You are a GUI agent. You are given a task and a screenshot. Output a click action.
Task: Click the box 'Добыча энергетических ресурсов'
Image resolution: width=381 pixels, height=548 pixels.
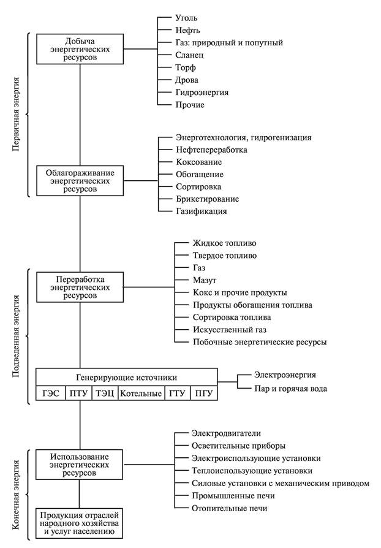81,48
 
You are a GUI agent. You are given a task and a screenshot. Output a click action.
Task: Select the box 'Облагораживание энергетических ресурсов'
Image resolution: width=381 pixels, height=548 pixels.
81,181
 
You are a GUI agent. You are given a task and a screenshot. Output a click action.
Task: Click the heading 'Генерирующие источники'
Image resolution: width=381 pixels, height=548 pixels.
126,376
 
